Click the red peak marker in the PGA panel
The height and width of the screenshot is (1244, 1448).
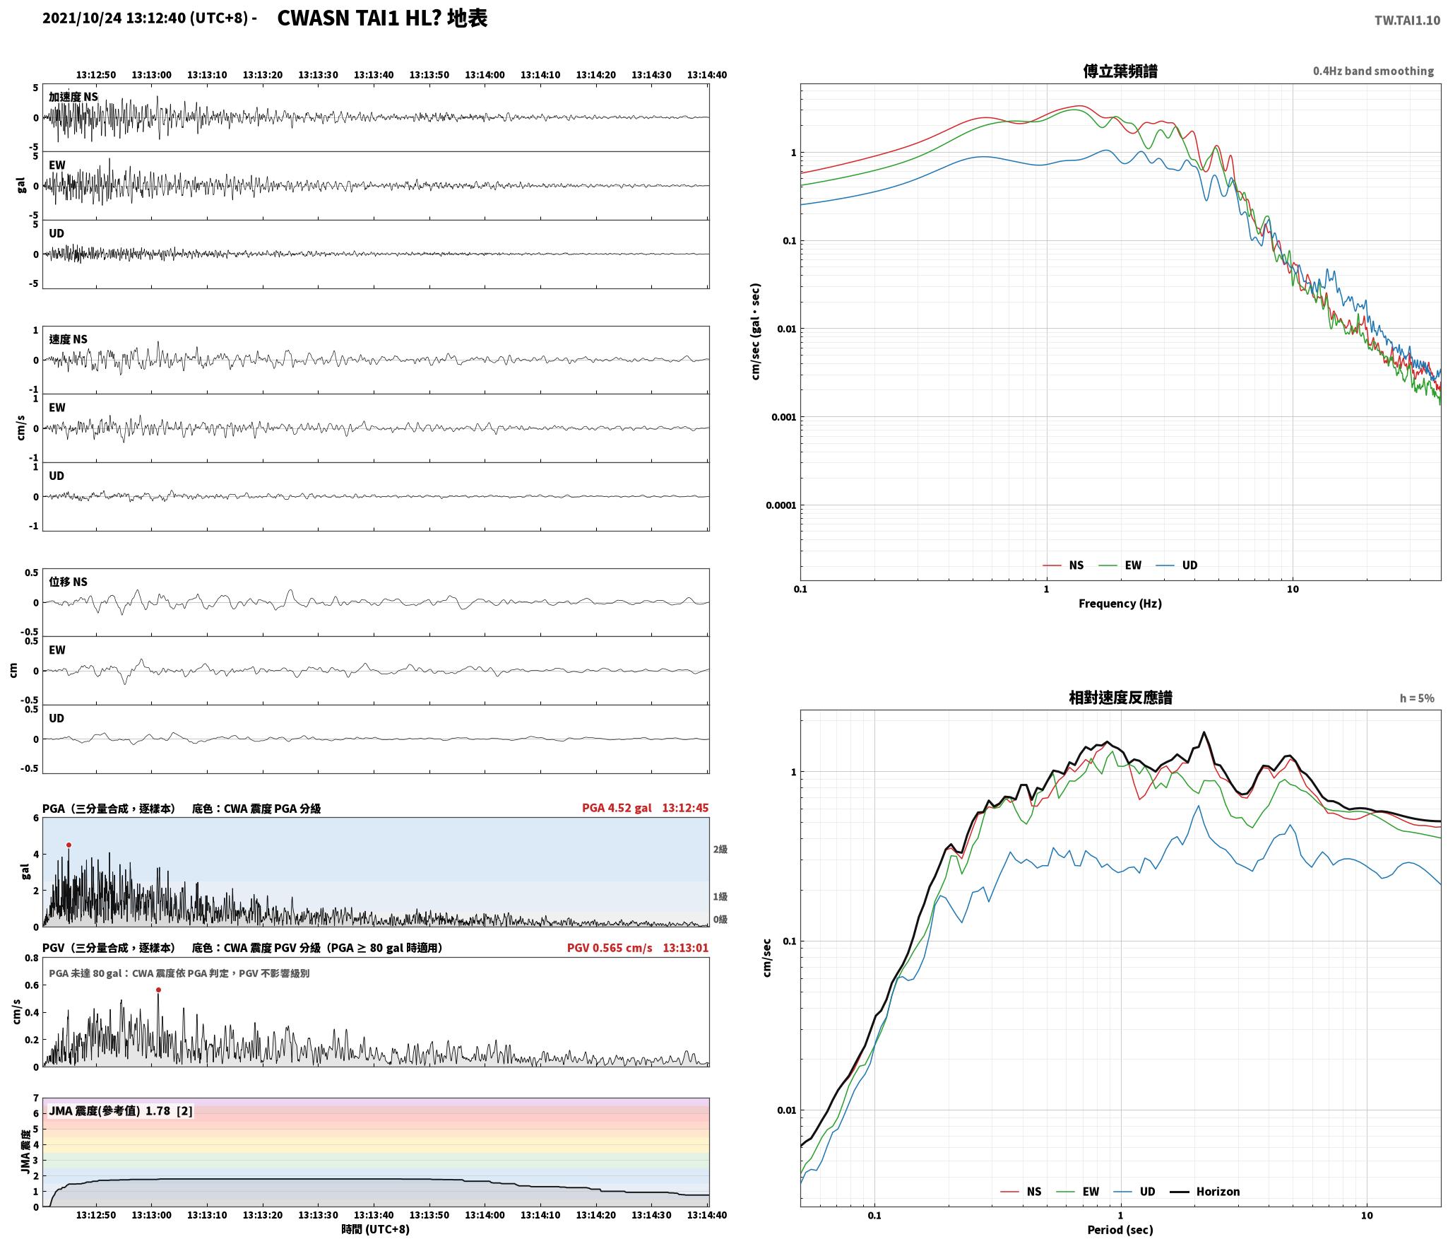(x=69, y=845)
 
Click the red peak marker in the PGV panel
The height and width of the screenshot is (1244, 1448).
(x=158, y=990)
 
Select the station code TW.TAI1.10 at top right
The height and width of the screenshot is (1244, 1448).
(x=1407, y=20)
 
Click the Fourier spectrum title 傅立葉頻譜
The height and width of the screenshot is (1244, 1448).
(x=1120, y=71)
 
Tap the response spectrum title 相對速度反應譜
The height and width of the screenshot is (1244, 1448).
(x=1120, y=698)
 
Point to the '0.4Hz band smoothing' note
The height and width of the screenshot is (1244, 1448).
(x=1373, y=71)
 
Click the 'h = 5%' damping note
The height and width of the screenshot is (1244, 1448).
(x=1417, y=698)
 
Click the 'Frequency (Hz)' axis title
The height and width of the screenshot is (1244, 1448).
(x=1120, y=603)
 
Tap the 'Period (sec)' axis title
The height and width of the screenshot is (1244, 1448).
(x=1120, y=1229)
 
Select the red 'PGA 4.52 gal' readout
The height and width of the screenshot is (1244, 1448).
(x=617, y=808)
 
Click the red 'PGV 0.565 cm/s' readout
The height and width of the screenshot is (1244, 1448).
(x=610, y=948)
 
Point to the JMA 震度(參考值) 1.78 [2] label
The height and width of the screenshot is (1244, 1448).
(x=121, y=1110)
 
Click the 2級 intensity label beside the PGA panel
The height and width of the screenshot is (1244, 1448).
(x=720, y=849)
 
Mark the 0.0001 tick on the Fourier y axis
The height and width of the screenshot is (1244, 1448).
(x=781, y=505)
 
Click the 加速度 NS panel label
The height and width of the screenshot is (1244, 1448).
(x=73, y=97)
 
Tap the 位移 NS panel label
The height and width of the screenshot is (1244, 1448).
(x=68, y=582)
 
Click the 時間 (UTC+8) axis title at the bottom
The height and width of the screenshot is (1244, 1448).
(x=375, y=1229)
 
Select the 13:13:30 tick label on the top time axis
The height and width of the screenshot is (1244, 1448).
(x=318, y=75)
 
